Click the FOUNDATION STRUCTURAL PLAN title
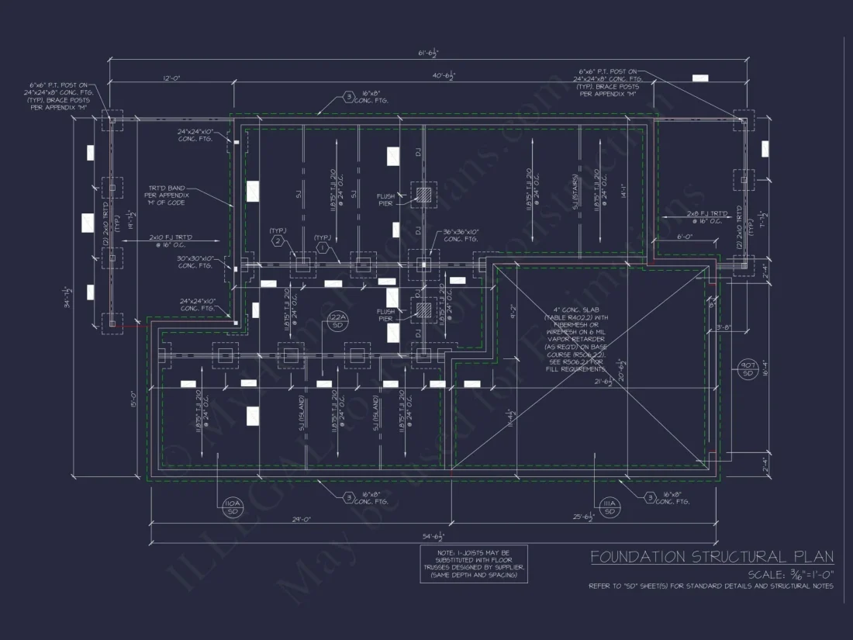click(x=711, y=556)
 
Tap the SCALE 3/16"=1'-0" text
click(x=790, y=574)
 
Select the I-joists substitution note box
click(x=474, y=563)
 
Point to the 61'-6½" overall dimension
click(x=428, y=54)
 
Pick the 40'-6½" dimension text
click(x=444, y=76)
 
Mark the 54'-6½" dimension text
click(x=431, y=536)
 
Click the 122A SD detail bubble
click(x=337, y=321)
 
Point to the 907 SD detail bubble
click(x=748, y=369)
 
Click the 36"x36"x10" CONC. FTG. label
click(x=464, y=235)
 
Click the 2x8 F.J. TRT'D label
click(x=705, y=217)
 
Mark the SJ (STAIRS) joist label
click(x=577, y=190)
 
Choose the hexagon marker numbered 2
click(x=277, y=241)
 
